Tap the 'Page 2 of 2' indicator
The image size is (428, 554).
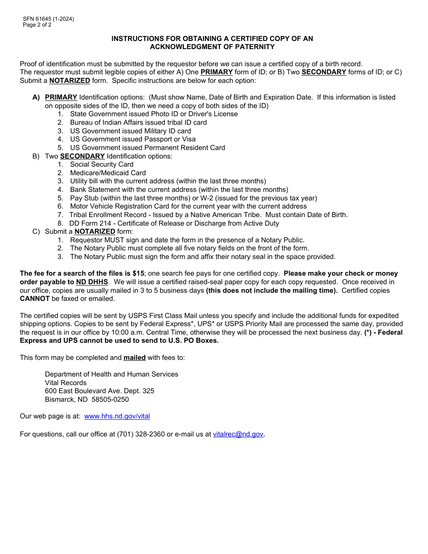(x=37, y=25)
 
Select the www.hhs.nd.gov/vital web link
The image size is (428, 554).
(x=117, y=416)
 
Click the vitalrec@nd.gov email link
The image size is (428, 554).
(x=238, y=434)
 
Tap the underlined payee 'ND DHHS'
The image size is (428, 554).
(x=92, y=282)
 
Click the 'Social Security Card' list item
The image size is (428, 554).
(x=101, y=164)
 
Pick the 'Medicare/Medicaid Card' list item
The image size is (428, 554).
(x=108, y=173)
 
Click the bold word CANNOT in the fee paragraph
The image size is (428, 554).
(x=35, y=299)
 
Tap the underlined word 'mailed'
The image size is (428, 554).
(x=134, y=358)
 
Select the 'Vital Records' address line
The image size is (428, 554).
(x=66, y=383)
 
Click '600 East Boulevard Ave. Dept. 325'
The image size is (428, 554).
(x=100, y=391)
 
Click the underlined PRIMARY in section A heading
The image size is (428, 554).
(x=61, y=97)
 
